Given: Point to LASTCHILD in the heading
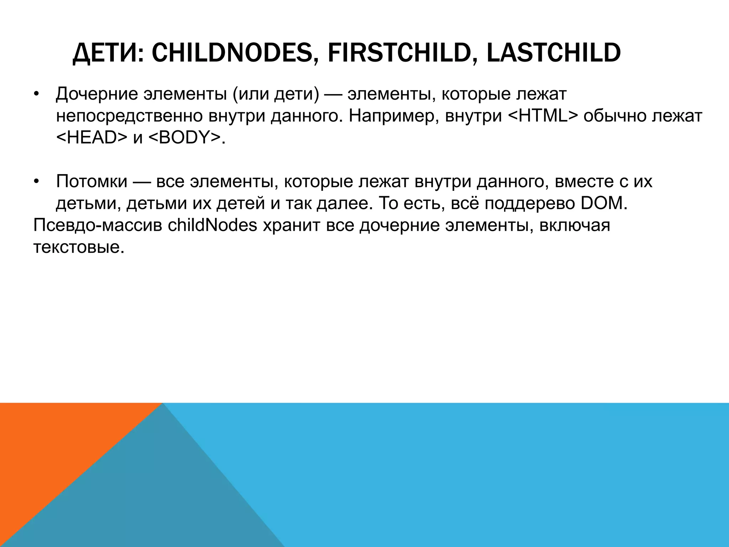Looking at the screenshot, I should (x=554, y=53).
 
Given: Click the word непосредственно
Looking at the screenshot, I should (x=130, y=117).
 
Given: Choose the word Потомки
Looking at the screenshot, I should (x=92, y=182).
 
